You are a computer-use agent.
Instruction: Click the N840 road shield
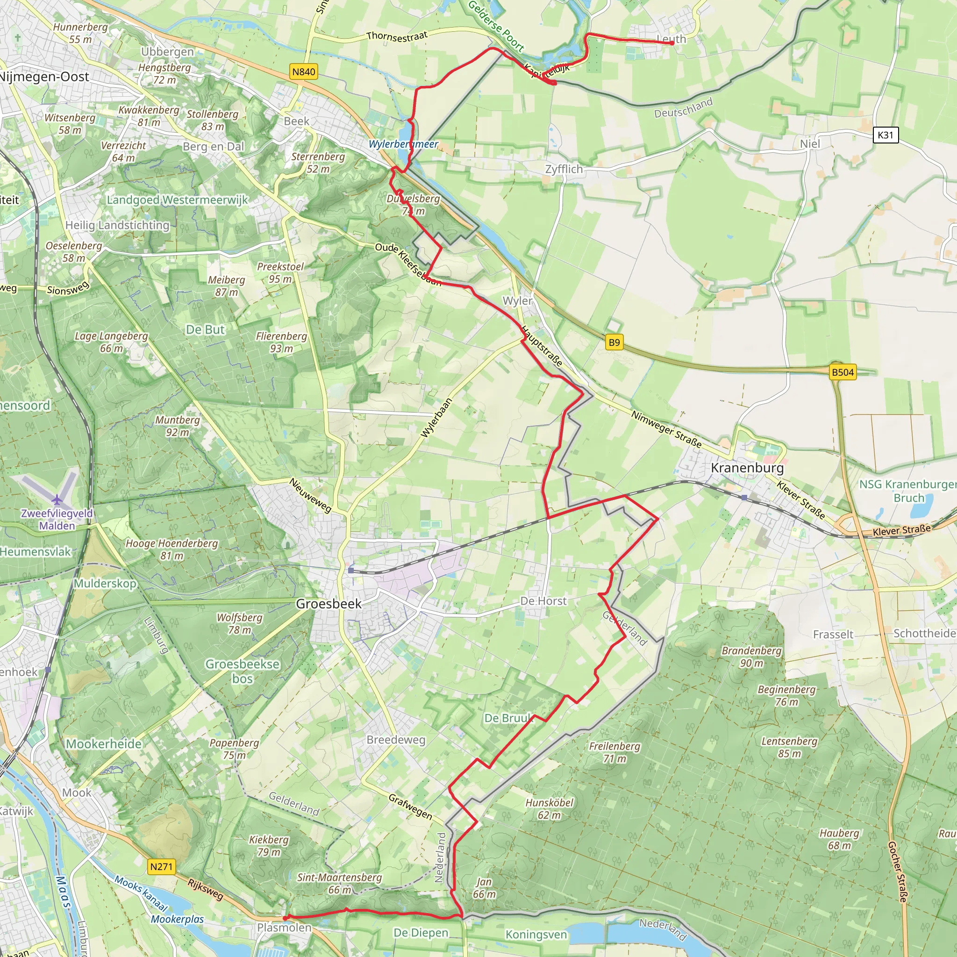(x=304, y=72)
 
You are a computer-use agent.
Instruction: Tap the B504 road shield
(x=843, y=372)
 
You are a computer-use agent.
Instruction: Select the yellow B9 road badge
(x=614, y=342)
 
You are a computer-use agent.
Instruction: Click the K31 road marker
(x=885, y=135)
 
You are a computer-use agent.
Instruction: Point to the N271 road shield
(x=162, y=867)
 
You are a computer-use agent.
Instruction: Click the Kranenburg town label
(x=747, y=468)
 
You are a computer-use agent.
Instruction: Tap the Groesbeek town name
(x=329, y=604)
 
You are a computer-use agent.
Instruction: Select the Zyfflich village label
(x=564, y=170)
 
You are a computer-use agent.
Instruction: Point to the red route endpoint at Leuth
(x=672, y=43)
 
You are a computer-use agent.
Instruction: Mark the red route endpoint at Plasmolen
(x=286, y=918)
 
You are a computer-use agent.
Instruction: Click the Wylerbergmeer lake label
(x=403, y=144)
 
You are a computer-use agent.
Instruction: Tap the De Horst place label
(x=543, y=601)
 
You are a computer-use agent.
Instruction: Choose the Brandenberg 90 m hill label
(x=751, y=657)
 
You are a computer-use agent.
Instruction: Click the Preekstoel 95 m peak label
(x=280, y=272)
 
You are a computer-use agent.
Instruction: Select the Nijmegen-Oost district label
(x=44, y=77)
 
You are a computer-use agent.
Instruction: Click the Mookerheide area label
(x=104, y=744)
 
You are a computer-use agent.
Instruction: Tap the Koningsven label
(x=536, y=934)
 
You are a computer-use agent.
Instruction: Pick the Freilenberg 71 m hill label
(x=615, y=752)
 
